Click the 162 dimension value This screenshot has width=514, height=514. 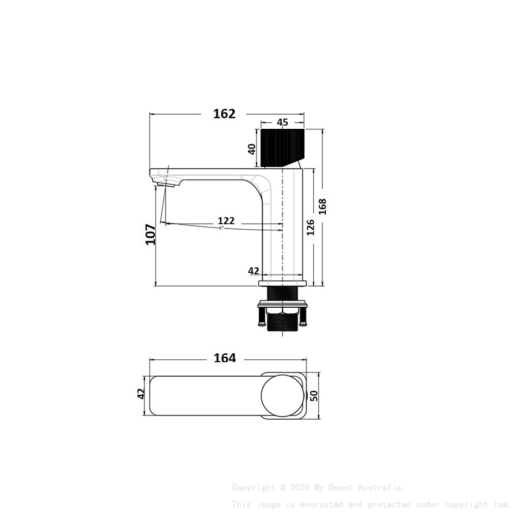(224, 114)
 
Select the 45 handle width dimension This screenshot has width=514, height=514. (282, 122)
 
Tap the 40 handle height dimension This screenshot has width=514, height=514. (252, 148)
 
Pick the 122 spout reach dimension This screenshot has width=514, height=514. (226, 221)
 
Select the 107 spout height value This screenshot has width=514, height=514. (151, 234)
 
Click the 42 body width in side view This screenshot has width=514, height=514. (254, 271)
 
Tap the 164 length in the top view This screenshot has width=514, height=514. (225, 358)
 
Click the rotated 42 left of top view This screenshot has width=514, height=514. (141, 394)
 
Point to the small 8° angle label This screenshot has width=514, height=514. (221, 228)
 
